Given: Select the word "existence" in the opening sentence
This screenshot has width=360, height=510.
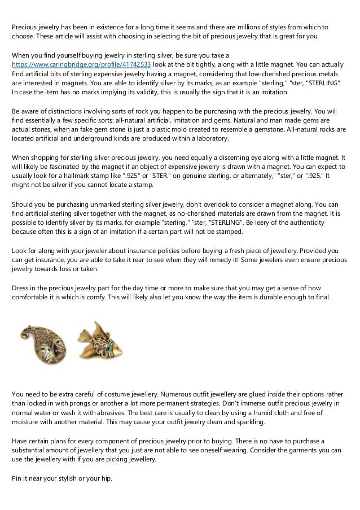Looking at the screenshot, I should tap(99, 27).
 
